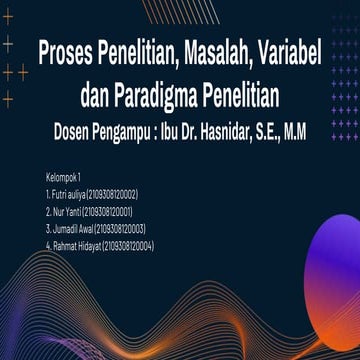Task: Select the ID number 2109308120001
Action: click(x=108, y=211)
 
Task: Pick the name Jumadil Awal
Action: click(x=70, y=228)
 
